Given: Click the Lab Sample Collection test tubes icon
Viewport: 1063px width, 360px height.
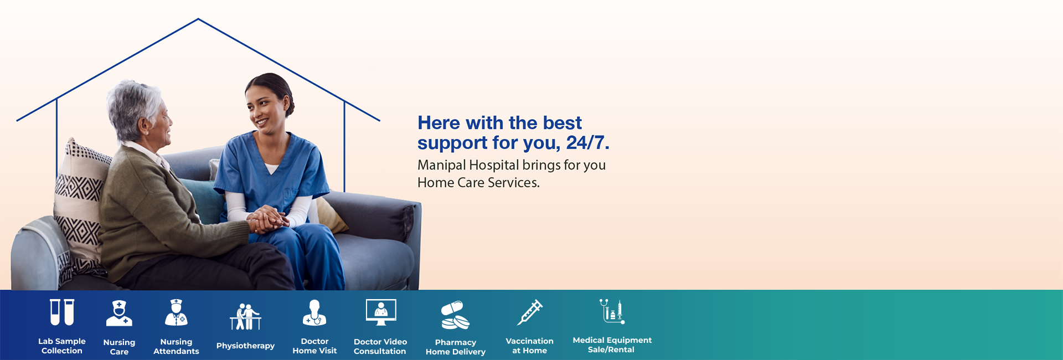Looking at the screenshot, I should click(62, 312).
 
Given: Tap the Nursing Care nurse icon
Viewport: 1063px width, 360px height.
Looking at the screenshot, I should click(119, 313).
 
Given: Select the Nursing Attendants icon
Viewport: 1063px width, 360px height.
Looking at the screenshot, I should click(176, 313).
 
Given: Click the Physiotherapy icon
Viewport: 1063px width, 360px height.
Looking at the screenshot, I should click(245, 316).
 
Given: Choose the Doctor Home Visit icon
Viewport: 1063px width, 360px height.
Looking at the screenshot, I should click(314, 313).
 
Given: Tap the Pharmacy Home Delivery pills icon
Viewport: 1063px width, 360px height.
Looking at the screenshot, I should click(455, 315).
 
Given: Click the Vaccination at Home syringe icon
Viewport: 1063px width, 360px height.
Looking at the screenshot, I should click(530, 312).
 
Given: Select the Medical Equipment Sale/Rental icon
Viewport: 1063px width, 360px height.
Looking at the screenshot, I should click(612, 311).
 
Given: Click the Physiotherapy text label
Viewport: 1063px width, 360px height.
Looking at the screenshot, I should click(245, 346).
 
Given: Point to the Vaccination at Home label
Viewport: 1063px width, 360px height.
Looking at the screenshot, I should click(529, 346).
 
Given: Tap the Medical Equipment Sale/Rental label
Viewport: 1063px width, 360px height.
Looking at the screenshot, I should click(612, 344).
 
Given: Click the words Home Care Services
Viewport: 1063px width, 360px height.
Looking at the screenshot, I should click(478, 183).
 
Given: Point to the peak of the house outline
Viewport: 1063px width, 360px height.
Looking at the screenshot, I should click(198, 19).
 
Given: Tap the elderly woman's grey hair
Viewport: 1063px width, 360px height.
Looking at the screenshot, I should click(135, 105).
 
